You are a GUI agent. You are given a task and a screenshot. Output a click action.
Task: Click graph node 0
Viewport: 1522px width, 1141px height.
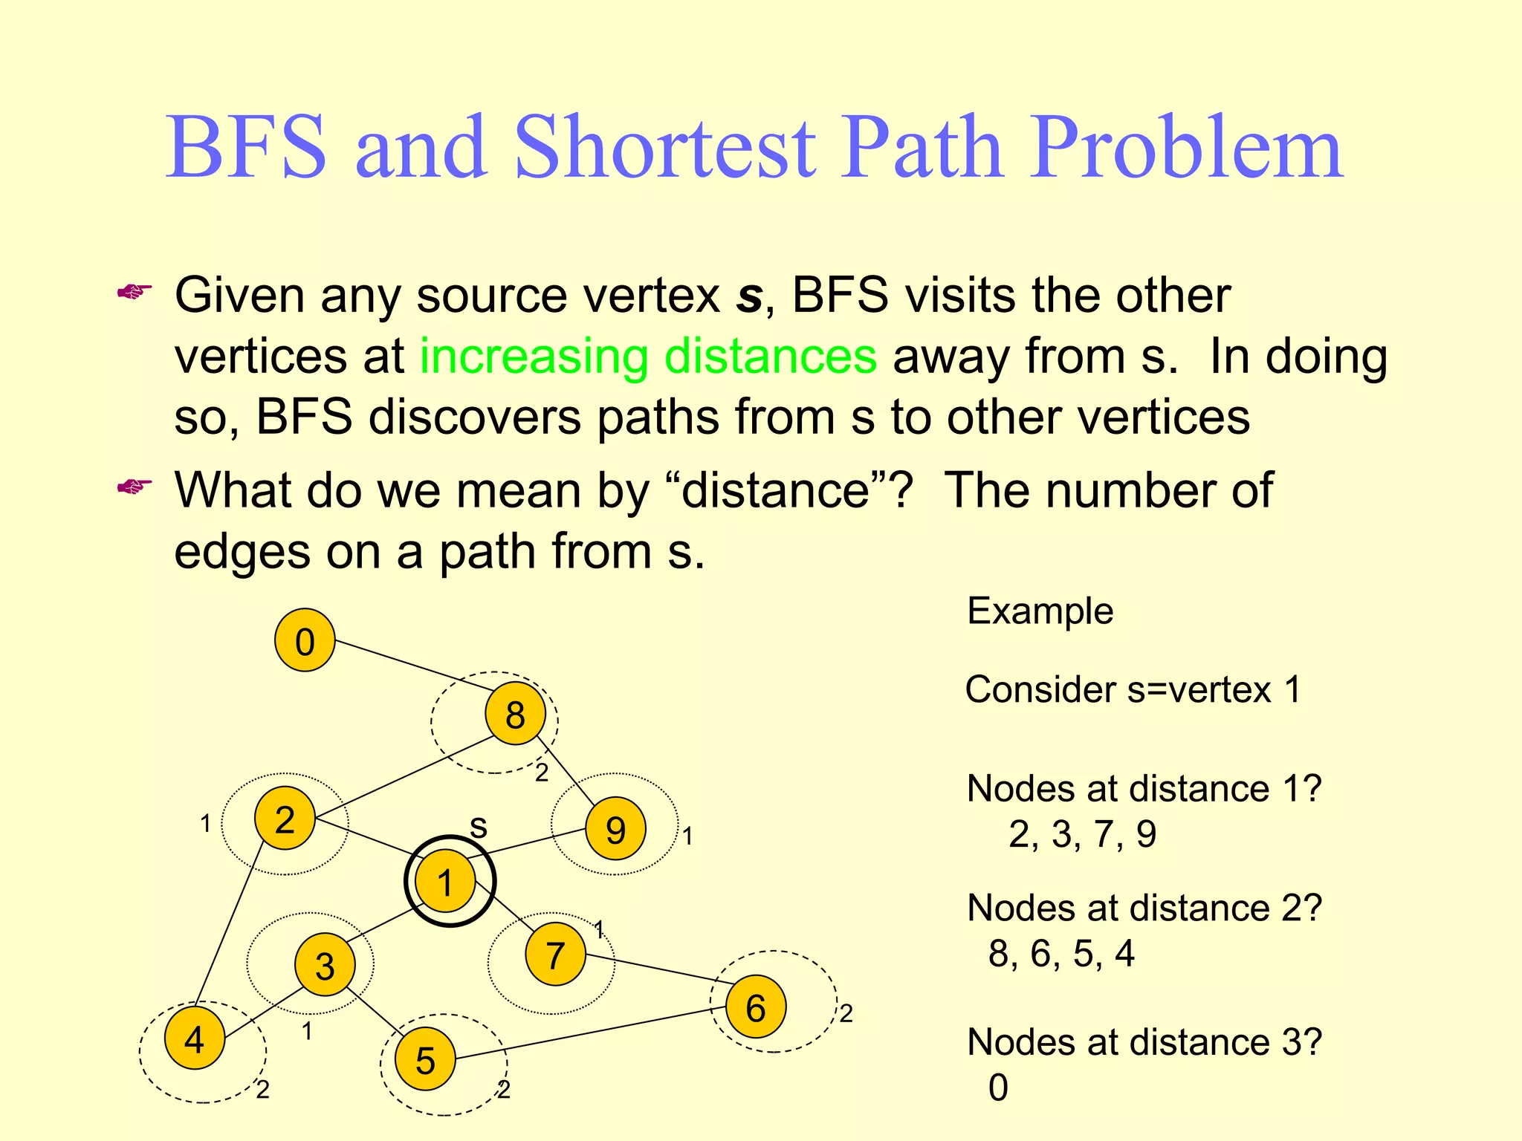[305, 640]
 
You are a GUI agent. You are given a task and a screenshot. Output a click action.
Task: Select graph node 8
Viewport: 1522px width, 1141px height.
[515, 714]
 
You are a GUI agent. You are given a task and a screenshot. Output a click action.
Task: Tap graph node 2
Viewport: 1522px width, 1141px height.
[285, 818]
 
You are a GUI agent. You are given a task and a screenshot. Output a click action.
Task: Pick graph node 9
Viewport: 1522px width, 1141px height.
[615, 829]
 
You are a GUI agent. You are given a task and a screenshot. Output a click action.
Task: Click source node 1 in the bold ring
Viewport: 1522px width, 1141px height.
[445, 882]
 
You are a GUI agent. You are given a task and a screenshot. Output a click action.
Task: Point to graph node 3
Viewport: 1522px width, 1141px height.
[325, 965]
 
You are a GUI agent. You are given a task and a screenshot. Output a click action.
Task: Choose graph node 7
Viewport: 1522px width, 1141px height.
[555, 955]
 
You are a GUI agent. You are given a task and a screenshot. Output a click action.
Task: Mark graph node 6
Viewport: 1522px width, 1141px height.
[755, 1007]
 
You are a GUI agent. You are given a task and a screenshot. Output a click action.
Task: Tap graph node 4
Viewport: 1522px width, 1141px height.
[195, 1038]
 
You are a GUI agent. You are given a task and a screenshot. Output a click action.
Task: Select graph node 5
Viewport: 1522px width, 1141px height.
[425, 1059]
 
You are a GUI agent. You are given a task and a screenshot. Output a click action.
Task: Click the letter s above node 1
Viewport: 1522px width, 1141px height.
[479, 827]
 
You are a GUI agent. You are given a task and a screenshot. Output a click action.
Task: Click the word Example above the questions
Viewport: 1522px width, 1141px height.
[1040, 611]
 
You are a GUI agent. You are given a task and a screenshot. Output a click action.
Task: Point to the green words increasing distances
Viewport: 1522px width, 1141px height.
[648, 356]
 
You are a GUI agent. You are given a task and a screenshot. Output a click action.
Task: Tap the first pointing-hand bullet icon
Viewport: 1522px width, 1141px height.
[135, 292]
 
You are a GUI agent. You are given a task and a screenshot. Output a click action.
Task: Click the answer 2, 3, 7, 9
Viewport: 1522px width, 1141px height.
[1082, 834]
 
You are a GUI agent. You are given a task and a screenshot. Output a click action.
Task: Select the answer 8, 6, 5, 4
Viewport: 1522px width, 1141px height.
[1061, 953]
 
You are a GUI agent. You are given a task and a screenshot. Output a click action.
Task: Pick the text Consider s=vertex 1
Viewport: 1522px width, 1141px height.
[1133, 689]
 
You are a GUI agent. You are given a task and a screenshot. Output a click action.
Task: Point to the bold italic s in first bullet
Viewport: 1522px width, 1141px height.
[749, 296]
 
